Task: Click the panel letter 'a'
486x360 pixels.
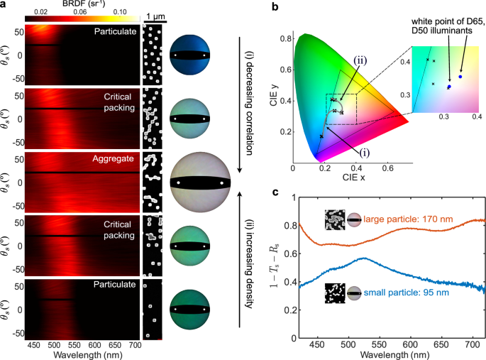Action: tap(5, 6)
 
